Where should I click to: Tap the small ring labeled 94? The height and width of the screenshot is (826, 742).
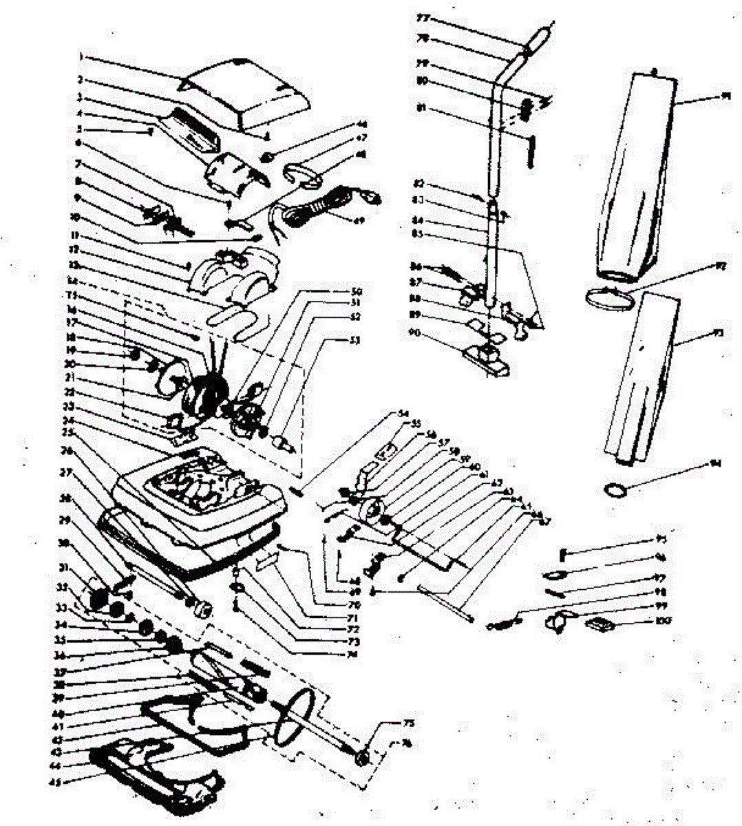pyautogui.click(x=617, y=489)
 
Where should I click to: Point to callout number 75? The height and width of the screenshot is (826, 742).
pyautogui.click(x=408, y=723)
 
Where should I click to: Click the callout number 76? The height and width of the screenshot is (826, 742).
pyautogui.click(x=407, y=743)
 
